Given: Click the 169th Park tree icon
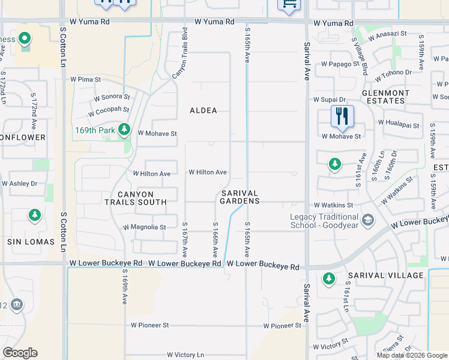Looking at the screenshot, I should pos(124,128).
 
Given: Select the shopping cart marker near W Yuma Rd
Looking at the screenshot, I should pos(289,4).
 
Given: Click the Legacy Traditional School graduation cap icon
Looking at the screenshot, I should pos(368,221).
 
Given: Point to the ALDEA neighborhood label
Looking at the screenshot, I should pos(203,110).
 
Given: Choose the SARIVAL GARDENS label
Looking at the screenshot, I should pos(240,197).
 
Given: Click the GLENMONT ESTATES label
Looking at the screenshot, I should pos(385,97).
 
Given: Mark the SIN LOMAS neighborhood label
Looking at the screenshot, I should pos(31,242).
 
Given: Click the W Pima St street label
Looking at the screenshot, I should pos(85,79).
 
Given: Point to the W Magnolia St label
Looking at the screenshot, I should pos(144,227).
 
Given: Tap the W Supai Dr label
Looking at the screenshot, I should pos(330,100).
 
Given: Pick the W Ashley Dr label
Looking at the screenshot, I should pos(19,184).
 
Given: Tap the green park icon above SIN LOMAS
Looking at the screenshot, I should pos(35,215).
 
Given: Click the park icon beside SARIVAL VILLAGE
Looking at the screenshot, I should pos(328,278).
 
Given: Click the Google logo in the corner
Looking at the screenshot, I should pos(20,353).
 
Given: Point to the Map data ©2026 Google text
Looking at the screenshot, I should pos(412,355).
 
